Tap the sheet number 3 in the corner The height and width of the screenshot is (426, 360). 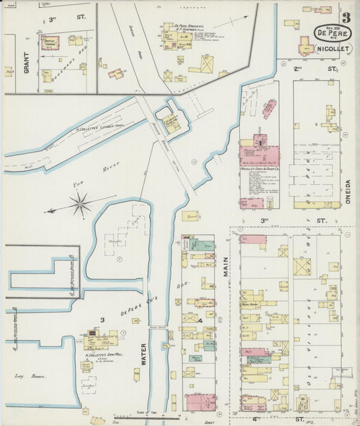[346, 18]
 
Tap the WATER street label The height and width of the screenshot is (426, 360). [143, 354]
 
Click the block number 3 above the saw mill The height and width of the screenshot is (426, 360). [102, 319]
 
